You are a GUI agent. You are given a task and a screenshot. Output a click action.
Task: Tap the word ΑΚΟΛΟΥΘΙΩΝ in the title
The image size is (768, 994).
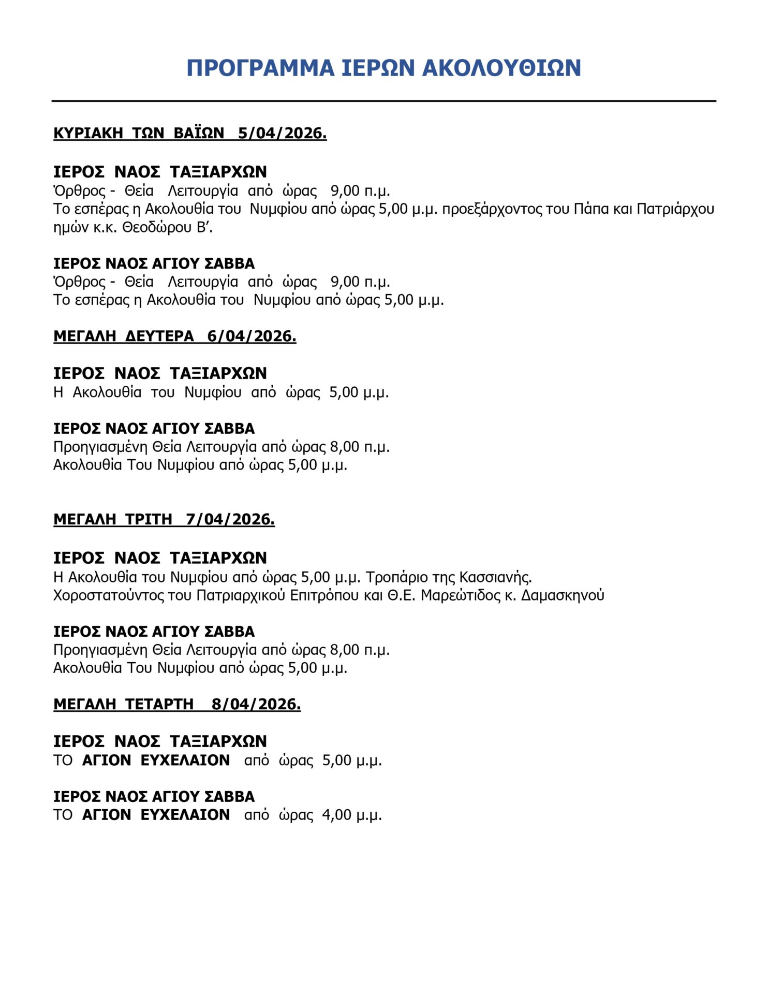[x=501, y=68]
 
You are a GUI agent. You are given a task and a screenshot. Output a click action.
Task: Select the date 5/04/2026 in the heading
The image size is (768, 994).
[x=282, y=133]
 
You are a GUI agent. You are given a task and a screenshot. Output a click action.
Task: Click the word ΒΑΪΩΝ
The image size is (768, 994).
[x=199, y=133]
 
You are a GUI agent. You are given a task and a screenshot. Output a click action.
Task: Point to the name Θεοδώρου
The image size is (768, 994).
[x=157, y=227]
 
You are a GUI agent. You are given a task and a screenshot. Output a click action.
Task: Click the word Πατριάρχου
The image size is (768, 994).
[x=675, y=209]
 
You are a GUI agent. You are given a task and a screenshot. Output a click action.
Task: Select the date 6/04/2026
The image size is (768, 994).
[x=252, y=336]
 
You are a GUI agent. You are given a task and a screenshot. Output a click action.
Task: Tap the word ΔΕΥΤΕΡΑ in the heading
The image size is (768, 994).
[x=159, y=336]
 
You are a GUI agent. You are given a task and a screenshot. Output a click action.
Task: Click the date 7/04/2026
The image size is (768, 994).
[x=230, y=519]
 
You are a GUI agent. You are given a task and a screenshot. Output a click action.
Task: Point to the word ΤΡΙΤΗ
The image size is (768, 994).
[x=149, y=519]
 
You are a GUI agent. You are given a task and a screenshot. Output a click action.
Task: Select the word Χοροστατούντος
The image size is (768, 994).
[x=108, y=595]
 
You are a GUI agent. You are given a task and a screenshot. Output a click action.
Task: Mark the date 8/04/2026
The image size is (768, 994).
[x=256, y=704]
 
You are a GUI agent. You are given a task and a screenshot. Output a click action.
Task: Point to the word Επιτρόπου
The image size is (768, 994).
[x=324, y=595]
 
